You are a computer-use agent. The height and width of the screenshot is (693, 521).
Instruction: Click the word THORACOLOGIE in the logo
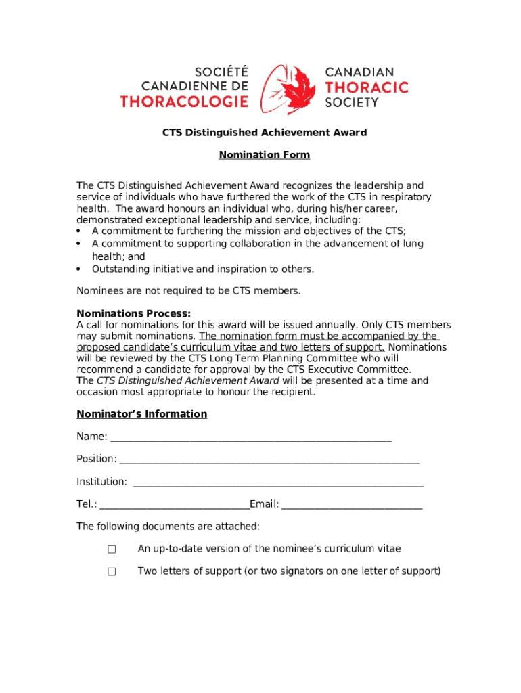(184, 102)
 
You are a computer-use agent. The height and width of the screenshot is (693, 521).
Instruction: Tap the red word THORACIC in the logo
(367, 87)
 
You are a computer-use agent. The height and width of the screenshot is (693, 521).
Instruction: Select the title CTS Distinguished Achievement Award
(264, 133)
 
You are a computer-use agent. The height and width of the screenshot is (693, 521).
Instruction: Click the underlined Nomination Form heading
(264, 155)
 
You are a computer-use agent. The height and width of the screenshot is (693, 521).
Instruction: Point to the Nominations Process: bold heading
(133, 313)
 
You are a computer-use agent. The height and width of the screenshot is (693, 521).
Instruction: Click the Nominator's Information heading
(141, 414)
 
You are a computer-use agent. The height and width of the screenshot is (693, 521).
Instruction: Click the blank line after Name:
(250, 437)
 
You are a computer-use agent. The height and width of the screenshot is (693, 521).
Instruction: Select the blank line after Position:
(269, 460)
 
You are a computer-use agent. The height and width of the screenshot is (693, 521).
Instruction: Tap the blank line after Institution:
(278, 482)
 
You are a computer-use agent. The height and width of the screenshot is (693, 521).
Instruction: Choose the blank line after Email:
(352, 505)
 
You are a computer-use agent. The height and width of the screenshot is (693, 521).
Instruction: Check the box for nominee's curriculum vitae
(112, 550)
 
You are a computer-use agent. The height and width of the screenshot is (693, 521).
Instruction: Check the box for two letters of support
(112, 572)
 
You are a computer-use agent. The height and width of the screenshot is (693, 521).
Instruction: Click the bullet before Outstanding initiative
(79, 269)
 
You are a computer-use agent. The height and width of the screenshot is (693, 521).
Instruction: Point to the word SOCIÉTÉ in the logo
(221, 71)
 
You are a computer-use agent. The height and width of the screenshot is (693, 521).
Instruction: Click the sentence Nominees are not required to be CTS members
(188, 291)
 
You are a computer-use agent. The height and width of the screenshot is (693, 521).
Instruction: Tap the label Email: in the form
(264, 504)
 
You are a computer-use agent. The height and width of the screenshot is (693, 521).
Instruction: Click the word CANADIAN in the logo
(360, 72)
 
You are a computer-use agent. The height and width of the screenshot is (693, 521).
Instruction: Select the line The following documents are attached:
(168, 527)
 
